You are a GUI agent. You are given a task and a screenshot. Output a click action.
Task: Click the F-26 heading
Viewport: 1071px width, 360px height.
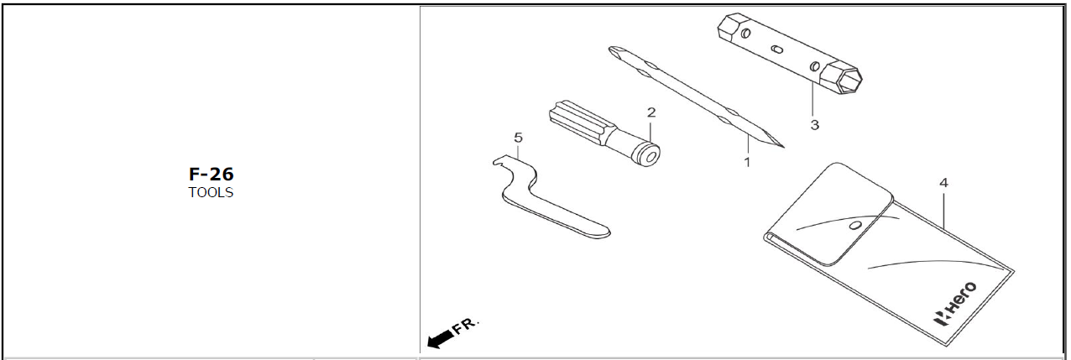click(211, 174)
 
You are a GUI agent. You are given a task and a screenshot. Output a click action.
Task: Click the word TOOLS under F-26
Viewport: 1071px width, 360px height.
click(211, 192)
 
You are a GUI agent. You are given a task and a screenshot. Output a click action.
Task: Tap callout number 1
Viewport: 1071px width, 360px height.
click(747, 162)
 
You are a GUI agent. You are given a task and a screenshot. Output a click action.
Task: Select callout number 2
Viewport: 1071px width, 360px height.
click(651, 112)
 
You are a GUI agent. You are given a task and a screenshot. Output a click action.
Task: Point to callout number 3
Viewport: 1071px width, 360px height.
click(815, 125)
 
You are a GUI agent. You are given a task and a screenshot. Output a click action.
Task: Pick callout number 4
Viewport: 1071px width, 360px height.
click(943, 183)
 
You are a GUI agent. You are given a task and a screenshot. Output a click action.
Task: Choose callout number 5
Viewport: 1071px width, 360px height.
click(518, 138)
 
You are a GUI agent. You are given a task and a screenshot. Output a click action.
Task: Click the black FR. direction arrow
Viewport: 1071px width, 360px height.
click(441, 338)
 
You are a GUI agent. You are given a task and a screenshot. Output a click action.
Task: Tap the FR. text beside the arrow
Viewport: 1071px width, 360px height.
click(465, 326)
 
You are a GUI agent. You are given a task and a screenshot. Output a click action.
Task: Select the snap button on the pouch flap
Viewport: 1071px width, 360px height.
click(856, 225)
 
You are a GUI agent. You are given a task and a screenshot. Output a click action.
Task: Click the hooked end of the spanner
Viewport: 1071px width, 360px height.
click(503, 162)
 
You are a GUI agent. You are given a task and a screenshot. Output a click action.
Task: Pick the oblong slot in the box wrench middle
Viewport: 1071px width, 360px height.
click(777, 50)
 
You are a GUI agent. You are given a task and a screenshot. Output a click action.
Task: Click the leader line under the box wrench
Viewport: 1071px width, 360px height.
click(812, 99)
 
